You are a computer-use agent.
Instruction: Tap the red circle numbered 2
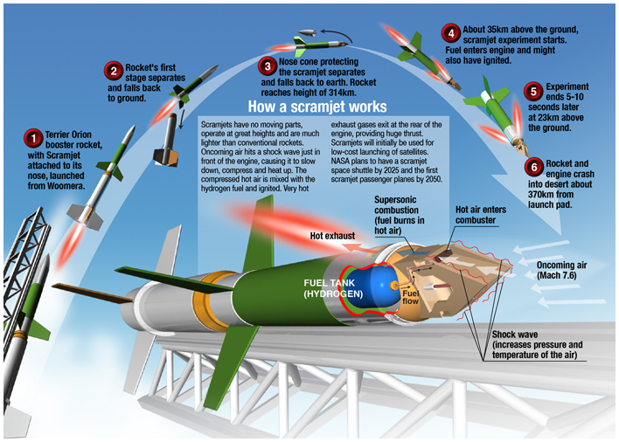coord(114,71)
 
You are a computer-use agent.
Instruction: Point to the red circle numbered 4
coord(450,34)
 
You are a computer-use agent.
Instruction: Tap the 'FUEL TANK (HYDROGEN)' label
coord(330,288)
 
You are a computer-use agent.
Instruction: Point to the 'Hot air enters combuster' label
coord(481,215)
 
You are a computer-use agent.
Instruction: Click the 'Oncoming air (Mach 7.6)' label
coord(566,266)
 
